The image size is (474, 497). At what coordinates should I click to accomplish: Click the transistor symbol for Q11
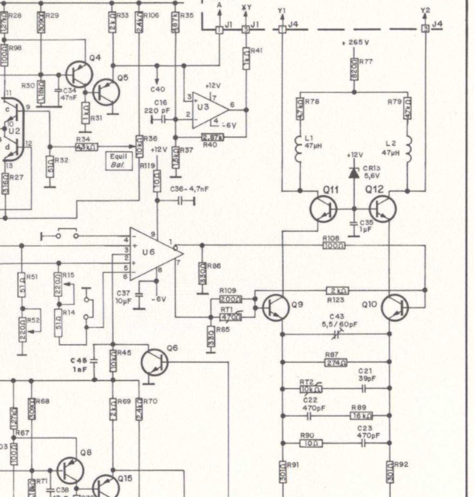click(x=323, y=208)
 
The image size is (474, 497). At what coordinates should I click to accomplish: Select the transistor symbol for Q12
click(x=383, y=208)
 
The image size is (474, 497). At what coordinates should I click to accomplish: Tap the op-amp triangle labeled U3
click(x=208, y=110)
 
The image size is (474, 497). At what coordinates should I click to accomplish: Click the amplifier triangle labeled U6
click(x=154, y=253)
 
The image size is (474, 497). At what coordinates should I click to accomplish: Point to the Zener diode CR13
click(x=354, y=172)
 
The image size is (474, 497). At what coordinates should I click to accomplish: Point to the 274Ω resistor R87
click(x=335, y=362)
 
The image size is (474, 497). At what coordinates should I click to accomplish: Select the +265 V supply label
click(x=355, y=42)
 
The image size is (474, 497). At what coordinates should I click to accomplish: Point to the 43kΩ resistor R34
click(x=86, y=146)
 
